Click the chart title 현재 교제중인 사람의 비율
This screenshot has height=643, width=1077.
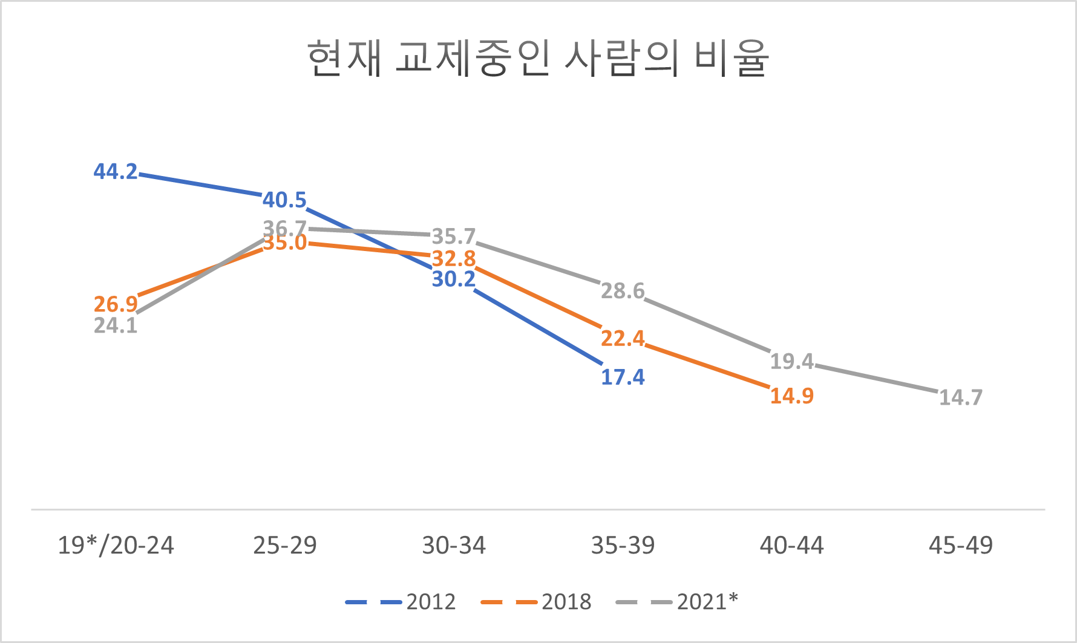[538, 59]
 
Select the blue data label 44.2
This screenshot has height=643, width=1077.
[116, 172]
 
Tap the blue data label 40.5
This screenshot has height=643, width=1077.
[284, 200]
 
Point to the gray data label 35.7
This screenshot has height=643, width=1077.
[453, 236]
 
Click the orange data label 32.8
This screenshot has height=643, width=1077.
[453, 259]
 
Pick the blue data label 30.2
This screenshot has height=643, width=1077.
[453, 279]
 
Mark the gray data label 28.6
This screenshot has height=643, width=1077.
[623, 291]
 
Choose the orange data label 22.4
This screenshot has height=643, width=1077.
[623, 338]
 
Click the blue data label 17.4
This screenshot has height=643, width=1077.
[623, 377]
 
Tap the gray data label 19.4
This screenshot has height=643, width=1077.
[791, 361]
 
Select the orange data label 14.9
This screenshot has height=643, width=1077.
[791, 396]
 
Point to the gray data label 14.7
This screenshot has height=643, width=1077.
[960, 397]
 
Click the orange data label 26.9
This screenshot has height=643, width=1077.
[116, 304]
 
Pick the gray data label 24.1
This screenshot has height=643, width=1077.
[116, 325]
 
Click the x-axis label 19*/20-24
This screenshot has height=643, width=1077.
[116, 546]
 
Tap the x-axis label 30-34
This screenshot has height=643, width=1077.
[453, 546]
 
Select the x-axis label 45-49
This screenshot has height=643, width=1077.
[960, 546]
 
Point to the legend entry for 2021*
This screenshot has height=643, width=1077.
[677, 602]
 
